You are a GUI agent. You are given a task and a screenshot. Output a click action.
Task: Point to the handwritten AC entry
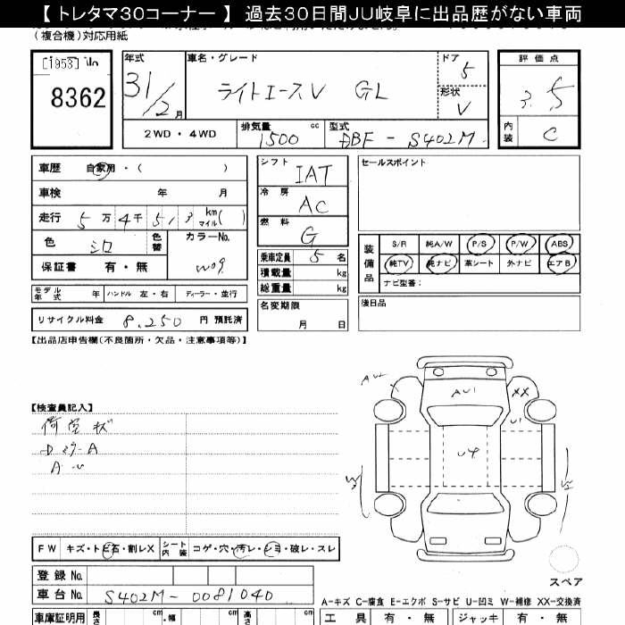(x=312, y=204)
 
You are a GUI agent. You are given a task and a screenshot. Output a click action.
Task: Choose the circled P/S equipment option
(x=479, y=243)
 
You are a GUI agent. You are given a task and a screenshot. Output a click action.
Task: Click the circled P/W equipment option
(x=519, y=243)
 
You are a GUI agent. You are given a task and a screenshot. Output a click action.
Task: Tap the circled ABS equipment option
(x=559, y=243)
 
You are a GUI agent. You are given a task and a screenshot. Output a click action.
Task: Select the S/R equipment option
(x=398, y=243)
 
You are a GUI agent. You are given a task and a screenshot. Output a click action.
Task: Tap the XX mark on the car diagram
(x=522, y=392)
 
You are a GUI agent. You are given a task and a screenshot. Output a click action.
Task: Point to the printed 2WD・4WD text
(x=179, y=134)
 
